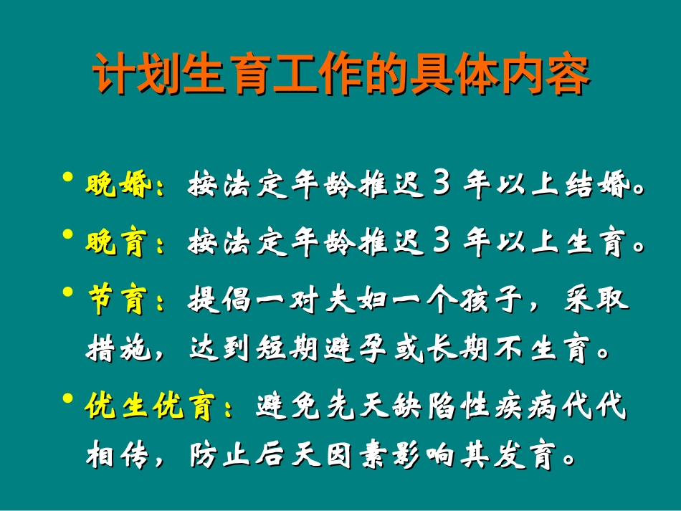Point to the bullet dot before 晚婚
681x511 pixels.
click(x=68, y=178)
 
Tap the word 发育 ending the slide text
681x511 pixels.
click(x=530, y=456)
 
